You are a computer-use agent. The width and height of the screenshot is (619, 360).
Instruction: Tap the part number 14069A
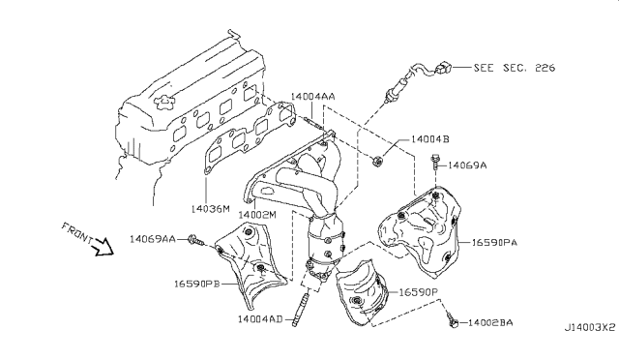[x=466, y=165]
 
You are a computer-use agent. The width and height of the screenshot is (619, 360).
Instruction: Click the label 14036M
[x=210, y=208]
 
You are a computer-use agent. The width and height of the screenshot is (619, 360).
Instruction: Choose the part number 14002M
[x=259, y=213]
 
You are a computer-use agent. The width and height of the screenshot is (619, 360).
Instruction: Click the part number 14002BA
[x=489, y=321]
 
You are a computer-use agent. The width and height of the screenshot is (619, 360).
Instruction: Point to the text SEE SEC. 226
[x=516, y=69]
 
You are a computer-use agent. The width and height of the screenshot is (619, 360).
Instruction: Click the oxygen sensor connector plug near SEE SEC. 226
[x=442, y=69]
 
